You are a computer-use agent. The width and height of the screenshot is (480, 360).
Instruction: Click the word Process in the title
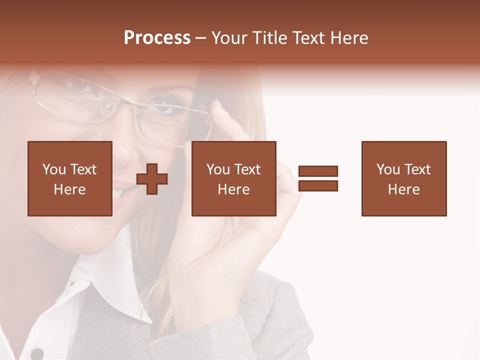[x=157, y=38]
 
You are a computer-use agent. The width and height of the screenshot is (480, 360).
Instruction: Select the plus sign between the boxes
[x=152, y=179]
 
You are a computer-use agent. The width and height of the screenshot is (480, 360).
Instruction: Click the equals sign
[x=318, y=178]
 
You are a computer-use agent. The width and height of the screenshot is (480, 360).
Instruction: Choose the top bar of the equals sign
[x=318, y=171]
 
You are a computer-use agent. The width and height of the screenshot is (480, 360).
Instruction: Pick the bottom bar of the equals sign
[x=318, y=185]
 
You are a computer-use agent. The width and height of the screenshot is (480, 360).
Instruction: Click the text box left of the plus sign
[x=69, y=178]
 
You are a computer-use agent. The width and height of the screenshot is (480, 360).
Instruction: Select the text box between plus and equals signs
[x=233, y=178]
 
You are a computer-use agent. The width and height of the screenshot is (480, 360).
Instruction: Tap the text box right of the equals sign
[x=403, y=178]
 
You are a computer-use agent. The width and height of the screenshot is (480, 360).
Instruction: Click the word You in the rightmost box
[x=388, y=169]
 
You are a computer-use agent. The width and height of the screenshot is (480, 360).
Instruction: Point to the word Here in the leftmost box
[x=69, y=189]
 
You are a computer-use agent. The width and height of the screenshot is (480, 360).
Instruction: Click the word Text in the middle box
[x=247, y=169]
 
